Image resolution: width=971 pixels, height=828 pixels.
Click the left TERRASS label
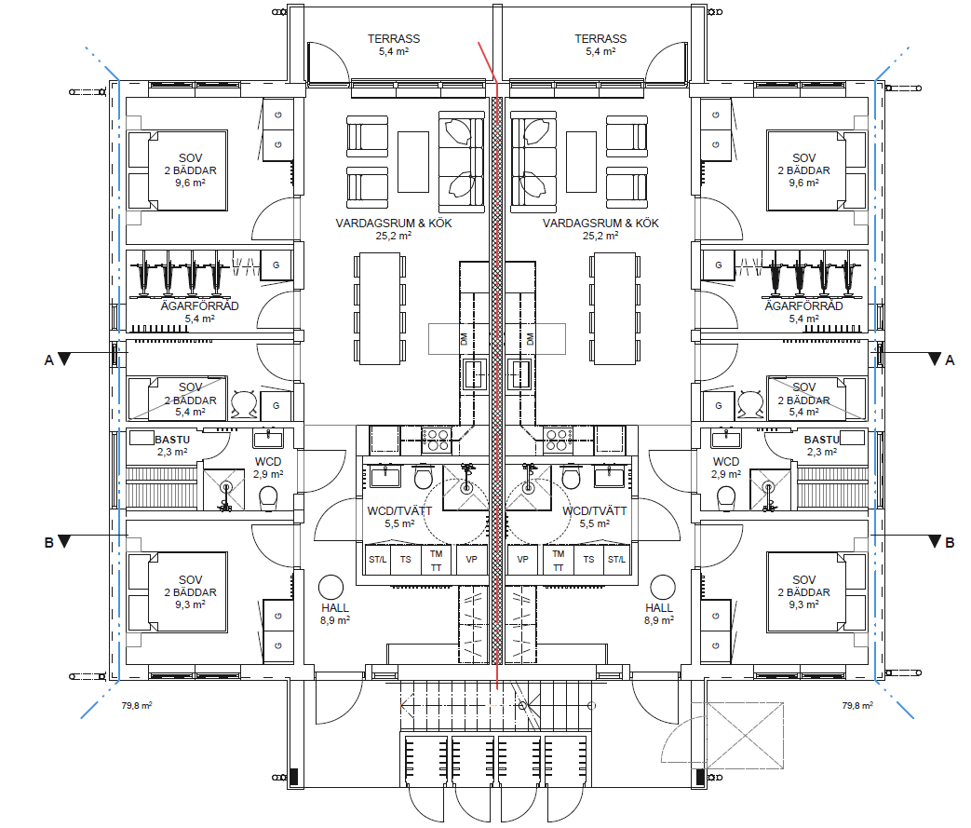[x=393, y=39]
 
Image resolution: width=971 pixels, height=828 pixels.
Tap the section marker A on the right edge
[x=949, y=360]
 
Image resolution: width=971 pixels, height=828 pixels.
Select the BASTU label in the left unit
[x=171, y=439]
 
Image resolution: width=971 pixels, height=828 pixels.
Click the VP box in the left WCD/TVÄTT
[x=471, y=560]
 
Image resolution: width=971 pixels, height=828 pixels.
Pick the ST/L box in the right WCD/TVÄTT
[x=616, y=560]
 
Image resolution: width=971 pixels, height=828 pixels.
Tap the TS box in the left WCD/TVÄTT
[x=406, y=560]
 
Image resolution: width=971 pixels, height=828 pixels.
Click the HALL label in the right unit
[x=659, y=608]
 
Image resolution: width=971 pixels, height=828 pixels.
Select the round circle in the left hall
[x=331, y=586]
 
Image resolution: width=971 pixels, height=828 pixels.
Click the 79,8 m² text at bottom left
[x=137, y=706]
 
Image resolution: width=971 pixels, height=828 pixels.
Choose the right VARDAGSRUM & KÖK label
[x=600, y=224]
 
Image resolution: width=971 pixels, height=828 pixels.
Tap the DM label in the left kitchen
[x=464, y=339]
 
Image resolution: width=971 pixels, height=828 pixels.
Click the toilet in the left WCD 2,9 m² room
[x=269, y=496]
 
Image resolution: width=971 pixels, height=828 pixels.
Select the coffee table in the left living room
[x=413, y=161]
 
